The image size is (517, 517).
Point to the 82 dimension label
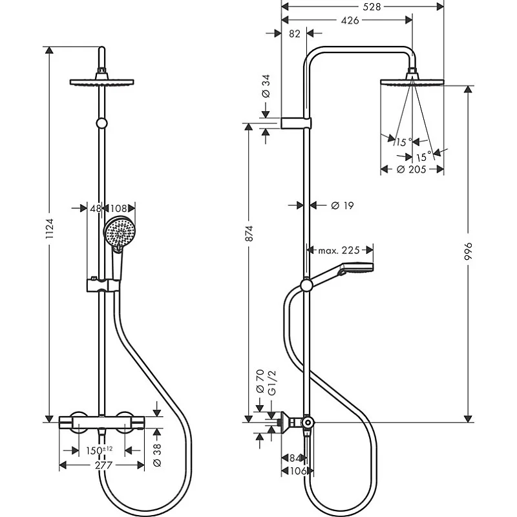[x=294, y=34]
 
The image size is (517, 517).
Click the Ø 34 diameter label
[x=266, y=86]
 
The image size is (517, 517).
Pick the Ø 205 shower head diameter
[x=412, y=169]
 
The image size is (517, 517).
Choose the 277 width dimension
[x=102, y=465]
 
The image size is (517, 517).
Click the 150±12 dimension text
[x=99, y=450]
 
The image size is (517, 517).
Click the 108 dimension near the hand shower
[x=118, y=208]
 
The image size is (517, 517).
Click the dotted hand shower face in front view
[x=118, y=232]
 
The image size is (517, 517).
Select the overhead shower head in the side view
[x=412, y=80]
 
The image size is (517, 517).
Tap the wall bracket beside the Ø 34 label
[x=297, y=123]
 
